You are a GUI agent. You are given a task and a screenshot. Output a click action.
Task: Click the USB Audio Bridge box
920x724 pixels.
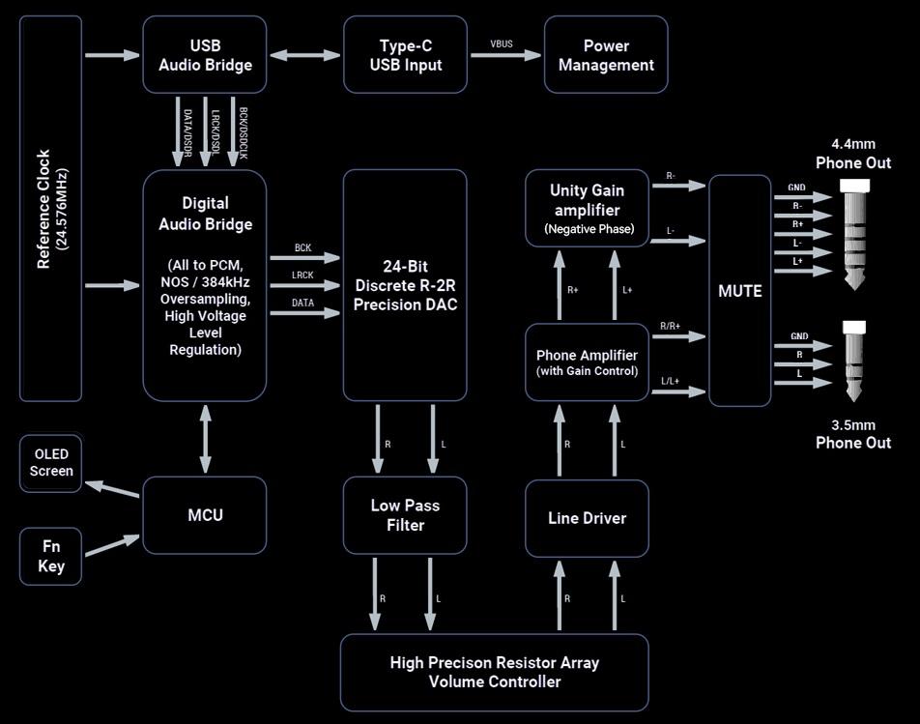205,55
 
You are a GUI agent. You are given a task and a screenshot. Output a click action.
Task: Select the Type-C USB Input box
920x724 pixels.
405,55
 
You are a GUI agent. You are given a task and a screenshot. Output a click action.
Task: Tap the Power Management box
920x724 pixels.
606,55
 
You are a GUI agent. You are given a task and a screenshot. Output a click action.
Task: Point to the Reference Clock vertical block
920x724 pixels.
50,209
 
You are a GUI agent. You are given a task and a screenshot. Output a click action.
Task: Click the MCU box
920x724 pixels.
205,515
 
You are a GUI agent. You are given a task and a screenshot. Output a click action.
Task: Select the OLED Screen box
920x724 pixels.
51,463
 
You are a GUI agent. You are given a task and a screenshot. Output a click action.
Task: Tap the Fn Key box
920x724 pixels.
51,556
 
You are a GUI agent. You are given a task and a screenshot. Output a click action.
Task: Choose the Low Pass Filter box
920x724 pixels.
405,515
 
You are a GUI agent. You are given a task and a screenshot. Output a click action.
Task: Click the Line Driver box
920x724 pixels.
587,518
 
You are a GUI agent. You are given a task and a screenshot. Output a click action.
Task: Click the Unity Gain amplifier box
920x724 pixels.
587,208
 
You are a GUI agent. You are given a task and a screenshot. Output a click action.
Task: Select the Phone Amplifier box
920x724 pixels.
587,362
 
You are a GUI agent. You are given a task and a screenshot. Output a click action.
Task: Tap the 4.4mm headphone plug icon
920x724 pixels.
853,235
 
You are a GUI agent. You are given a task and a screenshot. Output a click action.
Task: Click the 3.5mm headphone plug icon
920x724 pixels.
853,360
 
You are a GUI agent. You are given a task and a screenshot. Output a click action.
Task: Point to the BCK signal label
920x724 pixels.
303,248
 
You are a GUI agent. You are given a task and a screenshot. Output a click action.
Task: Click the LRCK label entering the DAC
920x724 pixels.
303,275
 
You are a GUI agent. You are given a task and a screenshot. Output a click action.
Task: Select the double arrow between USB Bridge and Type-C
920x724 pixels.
305,55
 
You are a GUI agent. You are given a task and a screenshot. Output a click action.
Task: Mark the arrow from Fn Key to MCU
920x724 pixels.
112,545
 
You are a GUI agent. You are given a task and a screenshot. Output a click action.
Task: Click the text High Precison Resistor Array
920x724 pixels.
494,663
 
